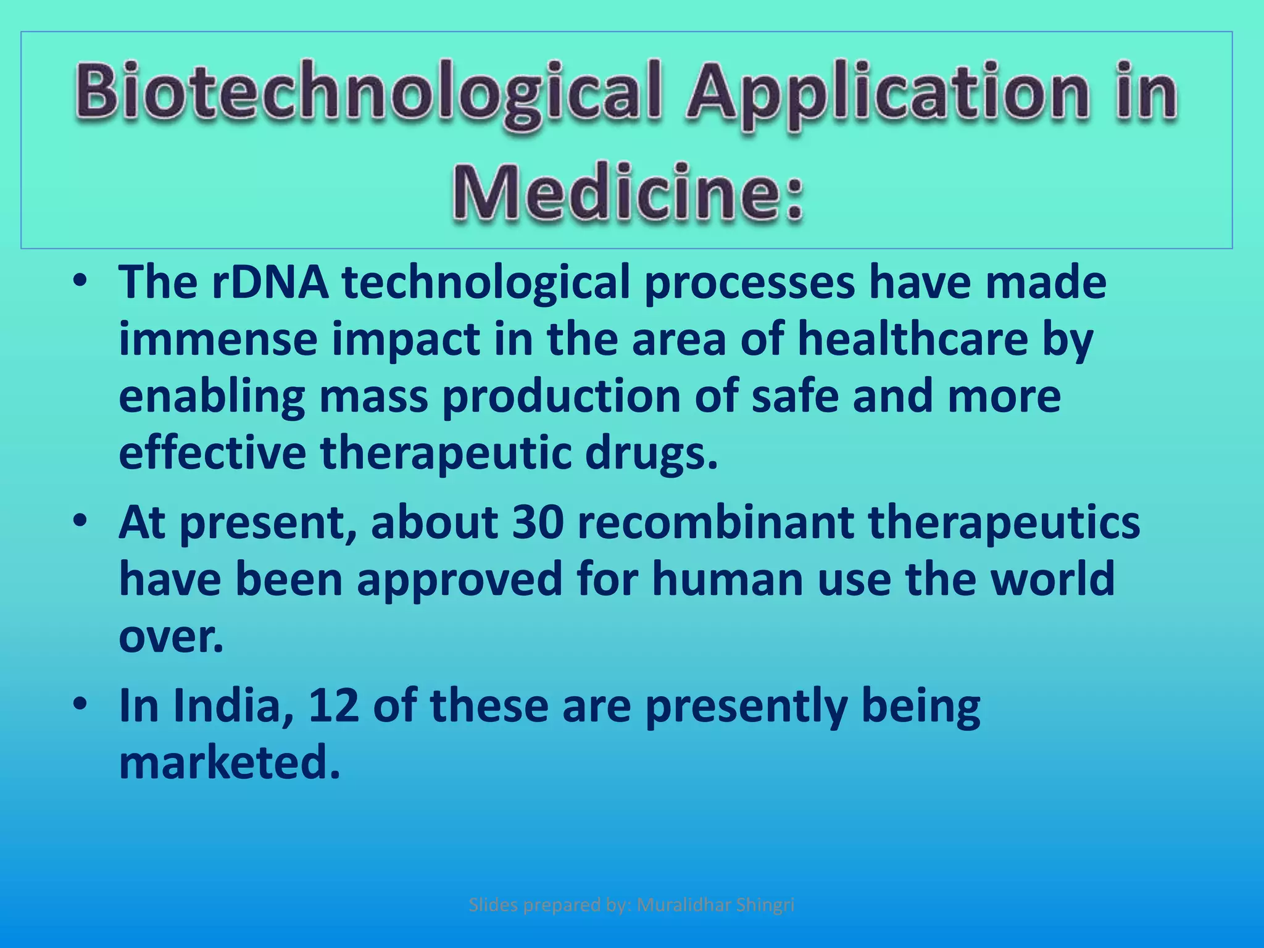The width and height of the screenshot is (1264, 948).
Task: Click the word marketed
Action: [229, 763]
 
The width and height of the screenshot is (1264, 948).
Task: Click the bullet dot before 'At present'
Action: [80, 522]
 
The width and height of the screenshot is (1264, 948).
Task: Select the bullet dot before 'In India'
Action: [80, 704]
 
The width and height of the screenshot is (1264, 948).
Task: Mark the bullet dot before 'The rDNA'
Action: [80, 281]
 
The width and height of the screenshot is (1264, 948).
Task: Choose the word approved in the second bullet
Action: [459, 580]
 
